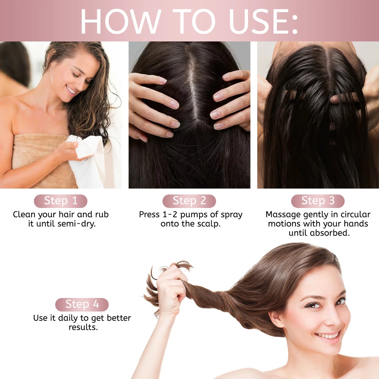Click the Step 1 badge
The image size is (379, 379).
click(61, 201)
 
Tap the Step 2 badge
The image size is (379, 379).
click(189, 201)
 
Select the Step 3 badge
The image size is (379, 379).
click(318, 201)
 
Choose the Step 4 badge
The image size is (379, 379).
click(82, 305)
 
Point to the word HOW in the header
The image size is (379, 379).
click(121, 22)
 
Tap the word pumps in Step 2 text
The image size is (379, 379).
click(194, 215)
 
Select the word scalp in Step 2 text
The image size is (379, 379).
click(209, 224)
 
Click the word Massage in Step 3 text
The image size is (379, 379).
click(283, 215)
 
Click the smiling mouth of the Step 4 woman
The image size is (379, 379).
click(328, 336)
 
